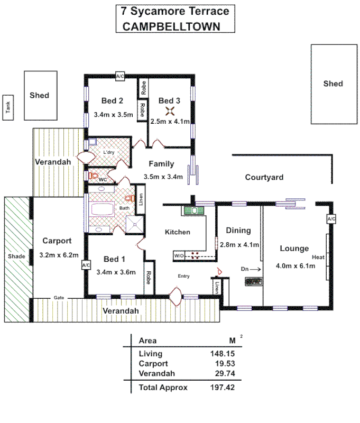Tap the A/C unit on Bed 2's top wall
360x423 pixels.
click(x=120, y=77)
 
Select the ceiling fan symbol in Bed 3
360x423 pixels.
click(x=170, y=111)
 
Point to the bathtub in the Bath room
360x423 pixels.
click(x=104, y=208)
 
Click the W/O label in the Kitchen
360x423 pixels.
click(x=179, y=256)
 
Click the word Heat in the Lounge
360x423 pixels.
click(x=318, y=257)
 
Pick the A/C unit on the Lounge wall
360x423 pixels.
click(x=331, y=219)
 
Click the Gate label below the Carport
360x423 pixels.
click(x=59, y=298)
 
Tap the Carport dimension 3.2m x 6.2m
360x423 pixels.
click(x=58, y=255)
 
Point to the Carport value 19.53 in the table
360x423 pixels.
click(x=224, y=364)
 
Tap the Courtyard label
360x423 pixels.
click(x=264, y=177)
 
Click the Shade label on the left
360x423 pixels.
click(x=16, y=256)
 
